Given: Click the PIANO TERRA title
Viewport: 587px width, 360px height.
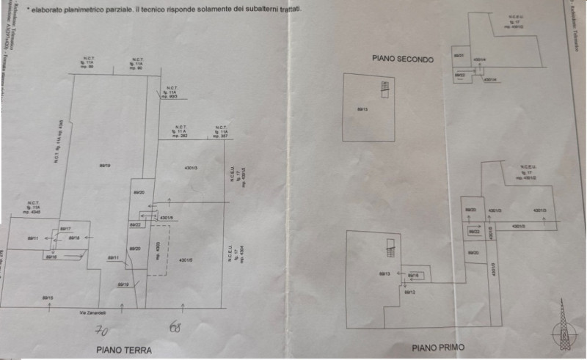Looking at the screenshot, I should [x=124, y=350].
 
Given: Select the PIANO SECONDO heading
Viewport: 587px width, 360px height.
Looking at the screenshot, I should [x=403, y=59].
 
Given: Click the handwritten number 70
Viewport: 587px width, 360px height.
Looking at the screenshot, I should [x=102, y=330].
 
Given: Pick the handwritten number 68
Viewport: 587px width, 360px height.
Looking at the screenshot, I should [x=175, y=326].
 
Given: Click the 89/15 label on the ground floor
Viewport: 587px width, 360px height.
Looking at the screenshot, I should [x=48, y=298].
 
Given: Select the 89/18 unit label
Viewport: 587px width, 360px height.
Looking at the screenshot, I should [x=74, y=238].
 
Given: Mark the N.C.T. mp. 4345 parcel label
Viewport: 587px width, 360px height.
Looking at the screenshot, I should [x=34, y=207].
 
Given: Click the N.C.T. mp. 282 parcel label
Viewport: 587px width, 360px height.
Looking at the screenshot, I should [x=179, y=131].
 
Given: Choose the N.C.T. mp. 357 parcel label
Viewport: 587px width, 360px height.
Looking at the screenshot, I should [x=221, y=131].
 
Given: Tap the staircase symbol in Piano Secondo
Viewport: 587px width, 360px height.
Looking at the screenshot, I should [x=383, y=89].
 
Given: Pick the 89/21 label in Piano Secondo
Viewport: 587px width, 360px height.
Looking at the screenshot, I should [x=458, y=56].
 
